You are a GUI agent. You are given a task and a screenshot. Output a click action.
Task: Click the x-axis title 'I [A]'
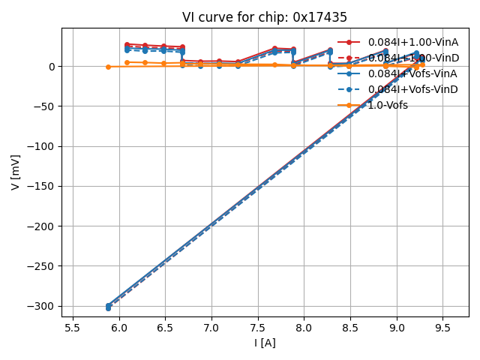pos(265,343)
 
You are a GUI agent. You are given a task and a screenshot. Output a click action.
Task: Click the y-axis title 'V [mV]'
pos(16,172)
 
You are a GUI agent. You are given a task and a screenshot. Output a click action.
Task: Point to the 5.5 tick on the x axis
pos(73,327)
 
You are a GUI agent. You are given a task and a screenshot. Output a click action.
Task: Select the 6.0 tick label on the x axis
pos(119,327)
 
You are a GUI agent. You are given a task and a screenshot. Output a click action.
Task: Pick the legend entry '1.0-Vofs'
pos(388,105)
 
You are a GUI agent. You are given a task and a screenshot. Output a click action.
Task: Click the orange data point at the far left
pos(108,67)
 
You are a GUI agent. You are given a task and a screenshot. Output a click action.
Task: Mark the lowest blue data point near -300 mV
pos(108,308)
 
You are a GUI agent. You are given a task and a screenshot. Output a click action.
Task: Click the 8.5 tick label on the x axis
pos(350,327)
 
